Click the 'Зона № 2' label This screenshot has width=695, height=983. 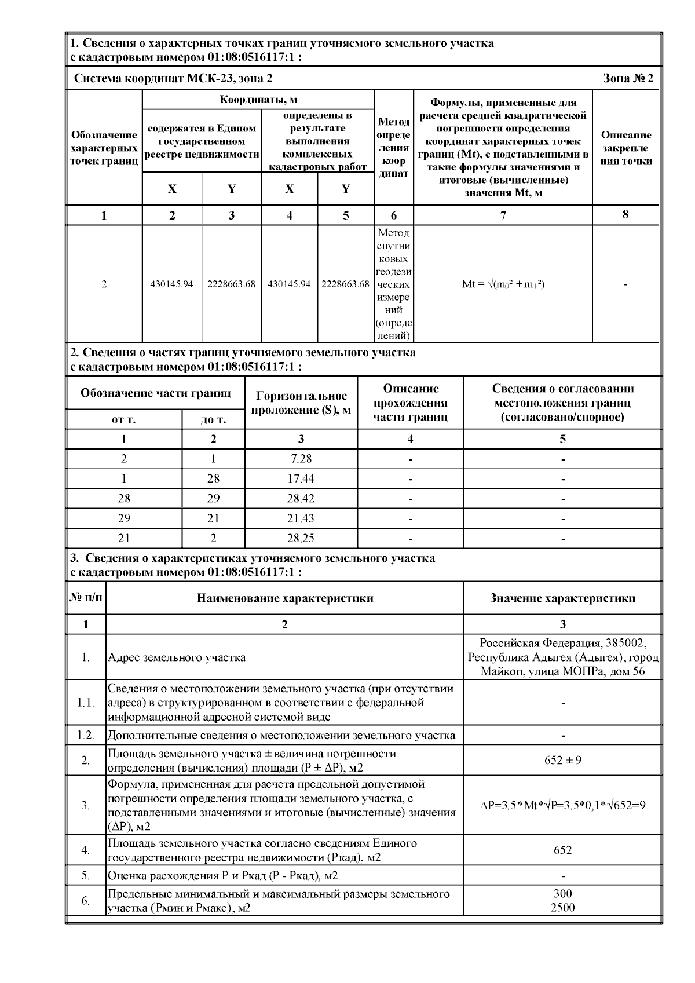pos(628,78)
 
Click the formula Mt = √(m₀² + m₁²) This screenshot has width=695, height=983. pos(503,284)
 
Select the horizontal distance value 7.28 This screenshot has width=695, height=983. pos(301,459)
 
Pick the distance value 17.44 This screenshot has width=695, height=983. pos(301,478)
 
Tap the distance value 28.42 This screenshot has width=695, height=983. pos(301,498)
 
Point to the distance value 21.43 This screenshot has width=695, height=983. pos(301,518)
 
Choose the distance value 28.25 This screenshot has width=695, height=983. pos(301,538)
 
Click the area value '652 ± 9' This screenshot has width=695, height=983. pos(562,760)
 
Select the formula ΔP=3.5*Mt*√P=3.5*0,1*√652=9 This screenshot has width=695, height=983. pos(562,805)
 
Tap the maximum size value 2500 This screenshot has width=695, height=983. pos(562,907)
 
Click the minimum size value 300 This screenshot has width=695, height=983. pos(562,894)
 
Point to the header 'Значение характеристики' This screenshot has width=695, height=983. pos(562,598)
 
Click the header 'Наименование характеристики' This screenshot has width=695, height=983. pos(284,598)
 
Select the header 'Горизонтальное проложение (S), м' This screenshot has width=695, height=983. pos(301,403)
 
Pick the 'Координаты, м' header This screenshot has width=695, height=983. pos(258,100)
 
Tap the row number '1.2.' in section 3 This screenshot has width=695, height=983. pos(86,735)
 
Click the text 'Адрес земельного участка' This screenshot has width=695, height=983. pos(177,657)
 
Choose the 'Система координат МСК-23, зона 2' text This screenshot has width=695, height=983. pos(173,78)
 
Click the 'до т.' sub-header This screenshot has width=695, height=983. pos(213,419)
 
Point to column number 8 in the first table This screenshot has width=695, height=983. pos(625,214)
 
